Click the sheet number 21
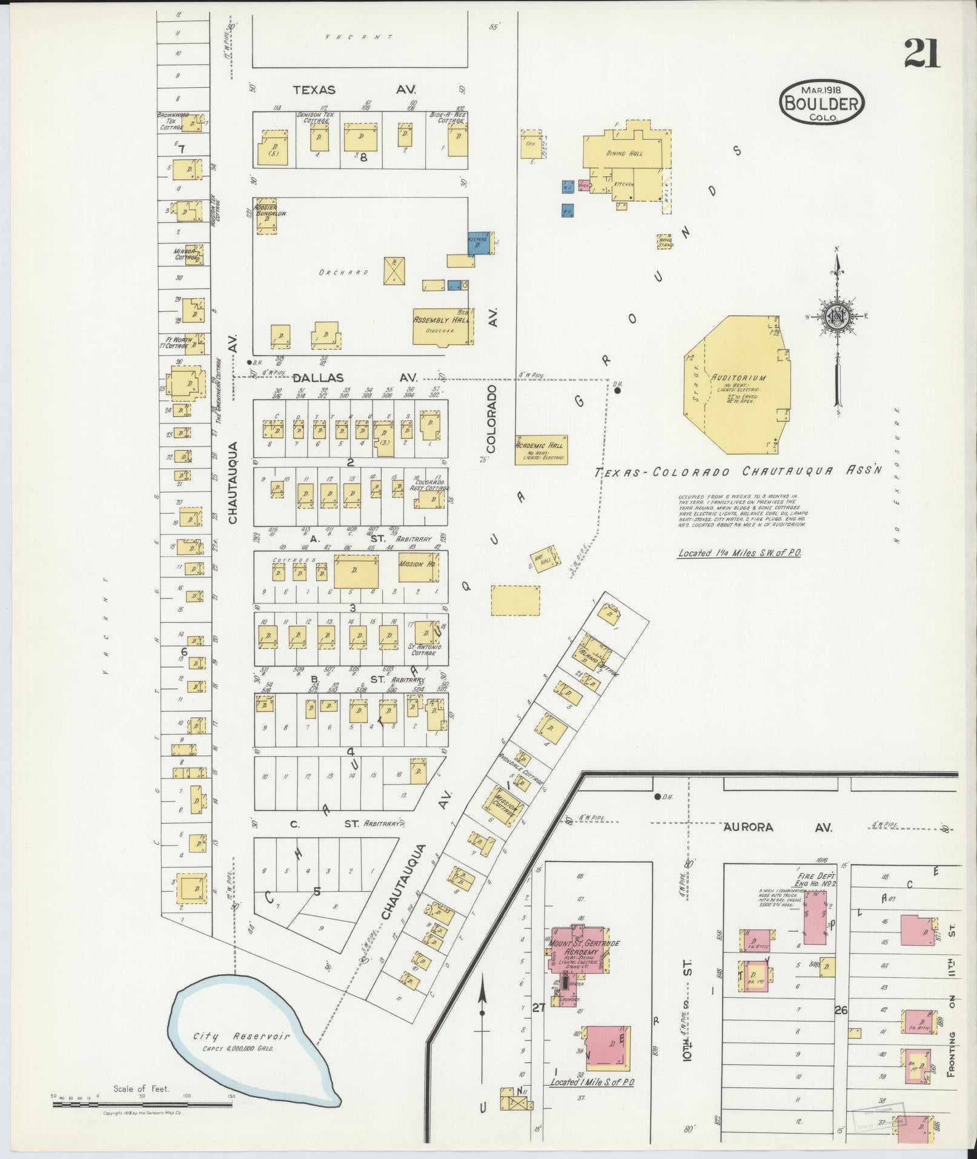922,53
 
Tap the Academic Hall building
541,449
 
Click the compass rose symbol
836,316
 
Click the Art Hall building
543,560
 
